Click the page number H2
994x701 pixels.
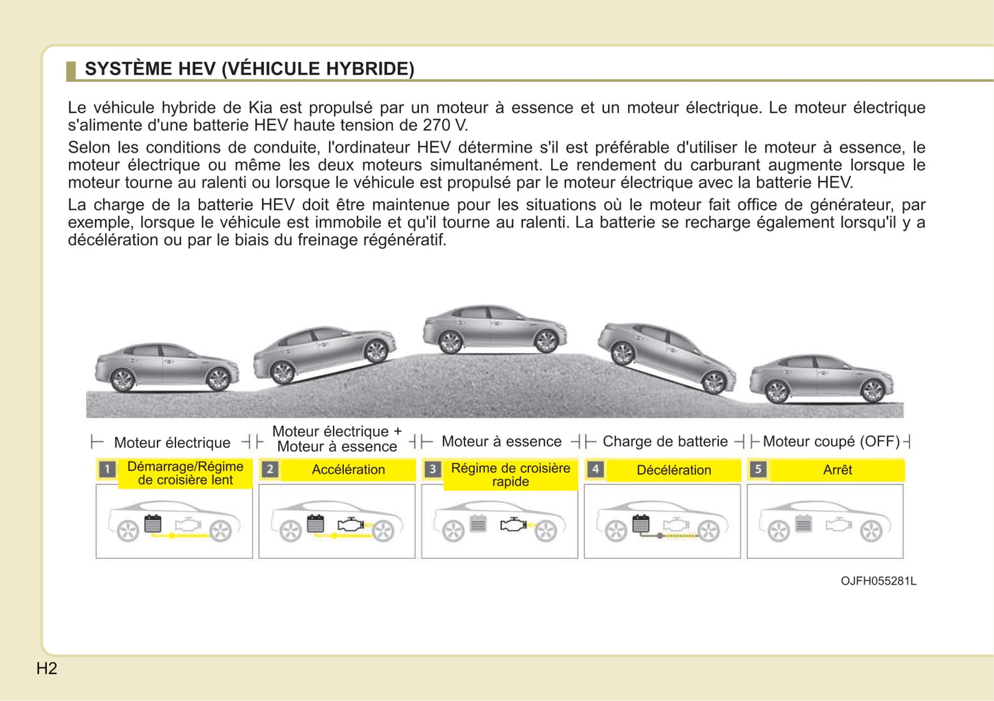pyautogui.click(x=47, y=669)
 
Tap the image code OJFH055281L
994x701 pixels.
pyautogui.click(x=878, y=581)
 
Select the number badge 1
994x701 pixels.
pyautogui.click(x=107, y=470)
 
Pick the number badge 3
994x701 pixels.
pyautogui.click(x=433, y=469)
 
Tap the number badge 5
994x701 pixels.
pyautogui.click(x=758, y=469)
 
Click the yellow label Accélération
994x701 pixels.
pyautogui.click(x=348, y=470)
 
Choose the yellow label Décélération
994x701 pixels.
pyautogui.click(x=673, y=471)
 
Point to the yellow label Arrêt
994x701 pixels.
pyautogui.click(x=837, y=470)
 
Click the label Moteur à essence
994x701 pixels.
pyautogui.click(x=501, y=442)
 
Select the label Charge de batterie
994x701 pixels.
pyautogui.click(x=665, y=442)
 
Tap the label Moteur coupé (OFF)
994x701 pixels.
pyautogui.click(x=831, y=442)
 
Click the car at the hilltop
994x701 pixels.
pyautogui.click(x=495, y=329)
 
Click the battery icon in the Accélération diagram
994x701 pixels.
pyautogui.click(x=316, y=524)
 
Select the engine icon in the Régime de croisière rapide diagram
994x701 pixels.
pyautogui.click(x=512, y=525)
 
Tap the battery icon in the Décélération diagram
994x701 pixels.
pyautogui.click(x=640, y=524)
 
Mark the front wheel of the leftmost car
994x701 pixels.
pyautogui.click(x=218, y=379)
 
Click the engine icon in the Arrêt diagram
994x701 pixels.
pyautogui.click(x=839, y=525)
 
